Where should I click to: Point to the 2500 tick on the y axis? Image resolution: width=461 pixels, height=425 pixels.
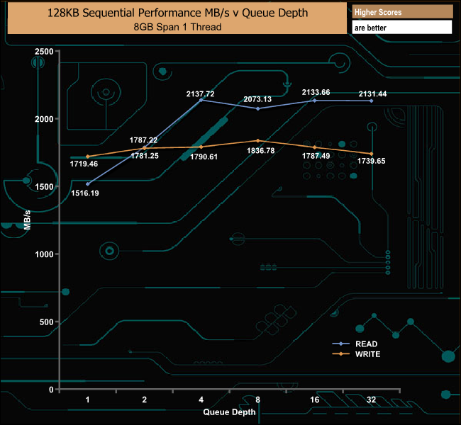click(44, 52)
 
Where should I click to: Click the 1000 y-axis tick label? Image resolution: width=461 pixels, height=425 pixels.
click(44, 254)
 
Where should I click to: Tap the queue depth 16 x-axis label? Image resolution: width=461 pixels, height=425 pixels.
click(314, 400)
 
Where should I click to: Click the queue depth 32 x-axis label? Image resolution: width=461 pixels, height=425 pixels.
click(371, 400)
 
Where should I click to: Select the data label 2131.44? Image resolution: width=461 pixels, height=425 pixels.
click(373, 93)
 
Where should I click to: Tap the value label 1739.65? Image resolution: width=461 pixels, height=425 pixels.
click(372, 161)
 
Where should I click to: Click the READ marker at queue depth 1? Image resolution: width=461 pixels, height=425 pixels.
click(87, 184)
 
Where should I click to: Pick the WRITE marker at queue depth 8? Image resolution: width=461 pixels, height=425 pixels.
click(257, 141)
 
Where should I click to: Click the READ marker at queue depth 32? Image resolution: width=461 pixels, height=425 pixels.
click(371, 101)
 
